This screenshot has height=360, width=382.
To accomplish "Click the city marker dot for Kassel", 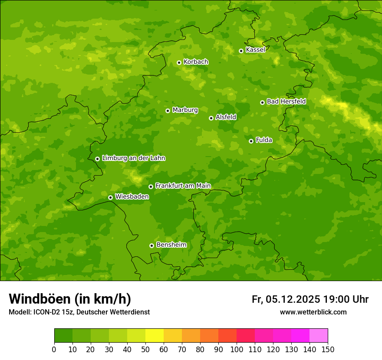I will click(241, 51).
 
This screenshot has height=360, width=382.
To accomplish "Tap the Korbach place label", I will click(196, 62).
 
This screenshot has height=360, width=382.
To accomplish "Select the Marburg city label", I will click(185, 110).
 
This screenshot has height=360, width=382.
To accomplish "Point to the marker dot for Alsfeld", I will click(211, 118).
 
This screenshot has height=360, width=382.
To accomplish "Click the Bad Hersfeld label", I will click(286, 101).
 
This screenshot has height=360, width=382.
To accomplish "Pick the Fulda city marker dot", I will click(251, 141).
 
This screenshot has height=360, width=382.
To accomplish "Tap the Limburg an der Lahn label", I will click(133, 158).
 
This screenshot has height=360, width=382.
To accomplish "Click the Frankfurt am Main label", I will click(183, 186).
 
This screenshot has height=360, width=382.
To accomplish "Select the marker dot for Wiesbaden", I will click(110, 197).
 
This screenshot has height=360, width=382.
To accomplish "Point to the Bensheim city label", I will click(171, 245).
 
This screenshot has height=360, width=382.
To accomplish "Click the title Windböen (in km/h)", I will click(70, 299).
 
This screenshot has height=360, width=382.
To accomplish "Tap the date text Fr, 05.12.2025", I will click(286, 299).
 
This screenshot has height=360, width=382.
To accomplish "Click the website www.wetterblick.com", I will click(313, 312).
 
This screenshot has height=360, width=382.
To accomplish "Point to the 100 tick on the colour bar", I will click(237, 350).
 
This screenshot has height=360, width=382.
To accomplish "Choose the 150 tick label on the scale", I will click(328, 350).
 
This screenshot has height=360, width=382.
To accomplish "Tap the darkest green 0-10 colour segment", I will click(63, 335).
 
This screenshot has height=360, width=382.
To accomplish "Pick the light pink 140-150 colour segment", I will click(319, 335).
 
